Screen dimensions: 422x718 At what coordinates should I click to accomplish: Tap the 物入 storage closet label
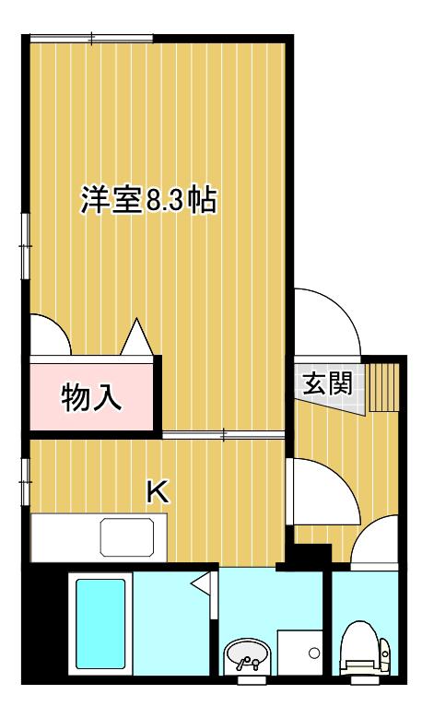click(x=91, y=397)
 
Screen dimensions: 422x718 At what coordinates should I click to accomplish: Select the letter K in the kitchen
click(x=157, y=493)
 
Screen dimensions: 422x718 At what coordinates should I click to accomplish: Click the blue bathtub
click(x=100, y=624)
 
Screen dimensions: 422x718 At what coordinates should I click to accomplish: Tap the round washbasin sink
click(x=248, y=655)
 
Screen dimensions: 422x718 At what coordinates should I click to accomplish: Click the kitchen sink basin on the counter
click(x=127, y=536)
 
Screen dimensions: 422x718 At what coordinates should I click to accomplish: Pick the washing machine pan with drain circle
click(x=299, y=652)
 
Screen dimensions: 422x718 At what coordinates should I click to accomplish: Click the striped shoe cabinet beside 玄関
click(x=383, y=387)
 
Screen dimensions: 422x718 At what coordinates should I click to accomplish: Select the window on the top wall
click(x=91, y=39)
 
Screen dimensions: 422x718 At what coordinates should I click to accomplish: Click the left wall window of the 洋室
click(x=26, y=246)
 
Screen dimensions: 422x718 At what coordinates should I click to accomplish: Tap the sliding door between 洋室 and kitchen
click(x=223, y=434)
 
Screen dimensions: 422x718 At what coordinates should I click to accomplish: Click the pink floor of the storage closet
click(x=91, y=397)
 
